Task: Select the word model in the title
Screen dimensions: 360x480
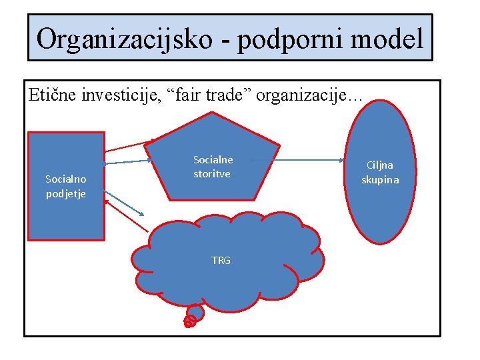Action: [388, 38]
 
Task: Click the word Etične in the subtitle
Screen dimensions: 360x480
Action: [53, 95]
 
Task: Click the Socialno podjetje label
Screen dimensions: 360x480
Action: [66, 186]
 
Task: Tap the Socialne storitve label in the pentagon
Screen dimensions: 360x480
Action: [213, 167]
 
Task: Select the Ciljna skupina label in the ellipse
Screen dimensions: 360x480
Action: [380, 172]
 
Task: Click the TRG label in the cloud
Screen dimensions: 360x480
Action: [221, 261]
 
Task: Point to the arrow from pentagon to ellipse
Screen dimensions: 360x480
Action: [303, 160]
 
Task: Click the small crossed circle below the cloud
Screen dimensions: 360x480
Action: [189, 321]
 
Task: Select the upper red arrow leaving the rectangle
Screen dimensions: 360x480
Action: [129, 145]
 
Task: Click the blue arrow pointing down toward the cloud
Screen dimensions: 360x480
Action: [125, 202]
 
